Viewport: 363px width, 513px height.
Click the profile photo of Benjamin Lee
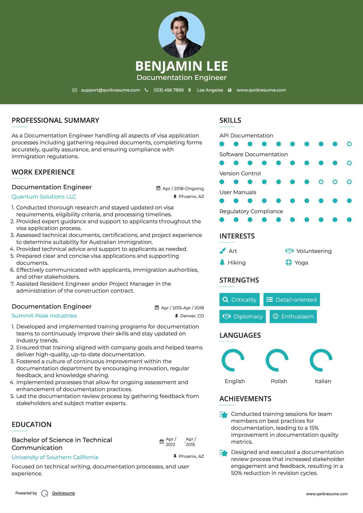[181, 35]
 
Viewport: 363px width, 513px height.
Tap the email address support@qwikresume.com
[110, 90]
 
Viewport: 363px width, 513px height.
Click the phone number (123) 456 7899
[168, 90]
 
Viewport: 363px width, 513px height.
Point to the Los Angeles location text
[210, 90]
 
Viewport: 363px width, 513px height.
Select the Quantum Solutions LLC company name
[44, 197]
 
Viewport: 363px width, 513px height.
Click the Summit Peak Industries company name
[44, 316]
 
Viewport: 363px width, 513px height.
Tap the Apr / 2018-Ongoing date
[183, 188]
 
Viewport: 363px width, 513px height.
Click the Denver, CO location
[192, 316]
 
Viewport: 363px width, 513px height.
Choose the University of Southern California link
[55, 457]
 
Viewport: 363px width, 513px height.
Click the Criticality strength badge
[239, 300]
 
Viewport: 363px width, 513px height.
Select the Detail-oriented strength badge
[292, 300]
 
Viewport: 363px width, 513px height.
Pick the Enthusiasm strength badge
[293, 317]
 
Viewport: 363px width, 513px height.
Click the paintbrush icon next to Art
[222, 251]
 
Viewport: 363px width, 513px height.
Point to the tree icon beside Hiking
[222, 262]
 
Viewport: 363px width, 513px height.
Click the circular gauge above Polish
[277, 360]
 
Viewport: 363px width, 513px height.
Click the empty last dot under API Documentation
[349, 144]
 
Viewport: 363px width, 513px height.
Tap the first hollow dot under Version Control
[321, 182]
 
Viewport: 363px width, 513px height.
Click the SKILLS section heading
[230, 120]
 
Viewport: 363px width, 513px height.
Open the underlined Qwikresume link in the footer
[63, 493]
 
